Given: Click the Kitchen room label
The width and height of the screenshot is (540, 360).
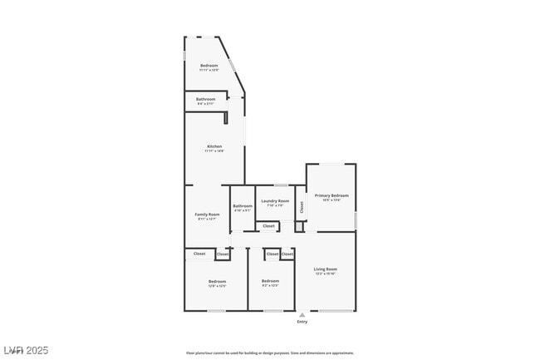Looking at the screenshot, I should (214, 146).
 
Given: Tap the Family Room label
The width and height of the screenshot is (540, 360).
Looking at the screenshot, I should (207, 215).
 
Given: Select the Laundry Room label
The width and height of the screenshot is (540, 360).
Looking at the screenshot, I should (275, 200).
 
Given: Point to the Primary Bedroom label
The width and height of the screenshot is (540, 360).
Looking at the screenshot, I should (331, 195).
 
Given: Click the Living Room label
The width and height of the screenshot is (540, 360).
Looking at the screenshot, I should (325, 269).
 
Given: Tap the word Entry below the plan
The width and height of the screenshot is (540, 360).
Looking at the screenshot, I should (302, 322).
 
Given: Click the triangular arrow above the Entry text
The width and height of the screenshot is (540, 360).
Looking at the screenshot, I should (302, 315).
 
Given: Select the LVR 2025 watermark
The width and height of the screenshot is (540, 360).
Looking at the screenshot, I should (25, 350).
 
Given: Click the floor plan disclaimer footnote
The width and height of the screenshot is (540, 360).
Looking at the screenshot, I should (270, 353).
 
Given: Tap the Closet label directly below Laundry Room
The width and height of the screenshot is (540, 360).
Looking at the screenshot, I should (268, 226).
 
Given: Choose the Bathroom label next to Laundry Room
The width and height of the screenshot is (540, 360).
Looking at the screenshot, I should (243, 205).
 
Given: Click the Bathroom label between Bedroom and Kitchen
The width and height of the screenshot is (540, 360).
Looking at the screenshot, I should (206, 99).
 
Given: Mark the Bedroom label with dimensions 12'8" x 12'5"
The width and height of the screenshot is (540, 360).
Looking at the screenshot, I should (217, 282).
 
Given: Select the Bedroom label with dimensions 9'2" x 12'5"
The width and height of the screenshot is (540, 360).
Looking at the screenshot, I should (270, 282).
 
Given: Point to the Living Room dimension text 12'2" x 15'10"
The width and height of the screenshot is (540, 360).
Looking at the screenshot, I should (325, 274).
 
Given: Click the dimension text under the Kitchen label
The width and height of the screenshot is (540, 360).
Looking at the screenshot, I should (214, 151).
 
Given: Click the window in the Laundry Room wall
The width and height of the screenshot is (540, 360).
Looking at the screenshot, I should (281, 185).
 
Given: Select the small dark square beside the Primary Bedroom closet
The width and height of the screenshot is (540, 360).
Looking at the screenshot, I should (299, 226).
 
